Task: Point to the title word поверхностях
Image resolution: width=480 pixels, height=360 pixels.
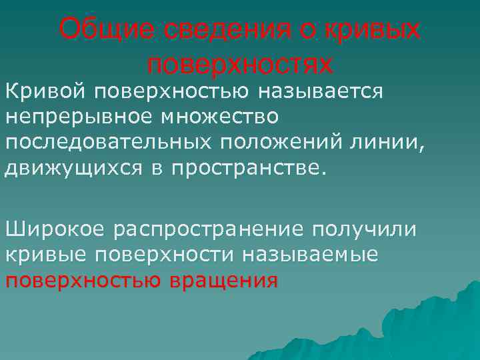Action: [x=239, y=64]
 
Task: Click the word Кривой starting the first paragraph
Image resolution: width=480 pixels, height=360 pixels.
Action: [x=45, y=90]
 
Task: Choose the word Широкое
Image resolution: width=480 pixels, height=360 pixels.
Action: [x=55, y=229]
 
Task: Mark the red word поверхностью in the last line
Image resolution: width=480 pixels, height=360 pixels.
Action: [x=83, y=281]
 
